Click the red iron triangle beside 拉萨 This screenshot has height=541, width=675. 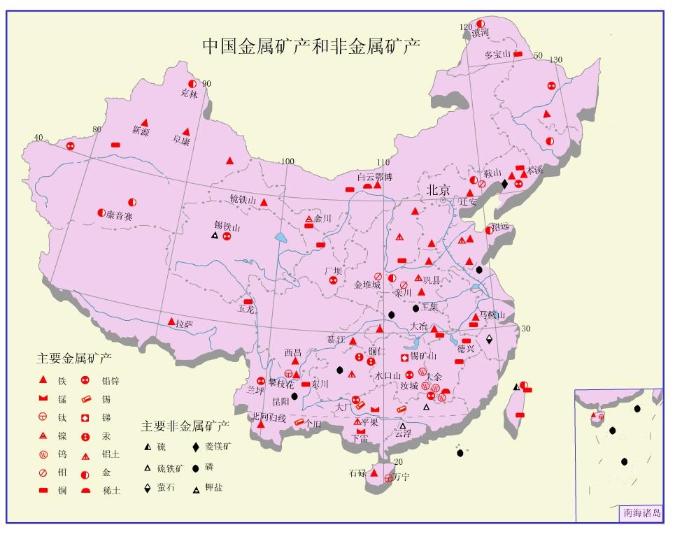(171, 322)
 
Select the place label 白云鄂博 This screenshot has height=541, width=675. (375, 177)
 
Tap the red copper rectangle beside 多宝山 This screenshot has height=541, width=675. (518, 54)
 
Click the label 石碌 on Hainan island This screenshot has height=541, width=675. (357, 473)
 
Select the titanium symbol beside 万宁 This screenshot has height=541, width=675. (389, 479)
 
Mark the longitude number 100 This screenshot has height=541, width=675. (287, 161)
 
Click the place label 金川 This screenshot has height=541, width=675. (322, 219)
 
